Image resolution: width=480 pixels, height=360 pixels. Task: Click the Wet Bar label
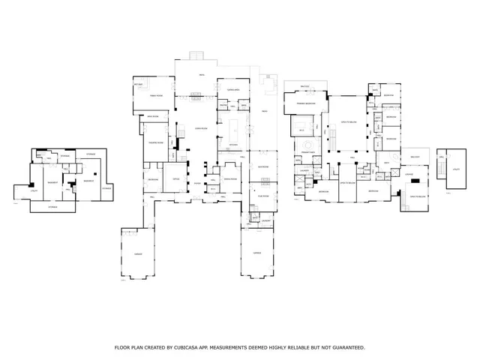[139, 85]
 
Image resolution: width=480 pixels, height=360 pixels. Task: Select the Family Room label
[156, 96]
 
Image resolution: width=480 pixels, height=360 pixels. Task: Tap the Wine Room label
[152, 117]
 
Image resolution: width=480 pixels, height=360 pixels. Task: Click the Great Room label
[201, 128]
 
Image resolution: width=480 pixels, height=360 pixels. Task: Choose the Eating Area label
[232, 89]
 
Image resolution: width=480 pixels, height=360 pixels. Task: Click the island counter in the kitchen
[233, 124]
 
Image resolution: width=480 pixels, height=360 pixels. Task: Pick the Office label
[176, 179]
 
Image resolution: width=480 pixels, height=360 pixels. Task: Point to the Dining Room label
[231, 179]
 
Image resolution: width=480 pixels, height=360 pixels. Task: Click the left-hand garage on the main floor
[138, 253]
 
